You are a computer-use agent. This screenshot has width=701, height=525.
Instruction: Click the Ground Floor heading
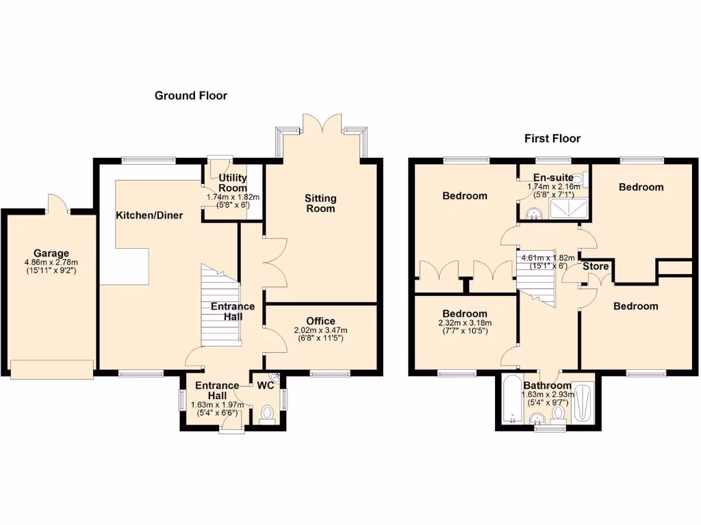point(190,96)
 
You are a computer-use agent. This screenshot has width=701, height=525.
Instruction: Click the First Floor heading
point(552,139)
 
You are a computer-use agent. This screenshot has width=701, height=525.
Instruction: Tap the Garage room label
point(51,253)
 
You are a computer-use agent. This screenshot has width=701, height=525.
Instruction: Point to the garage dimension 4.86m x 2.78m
point(51,262)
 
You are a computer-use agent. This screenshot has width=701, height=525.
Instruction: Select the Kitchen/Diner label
point(149,215)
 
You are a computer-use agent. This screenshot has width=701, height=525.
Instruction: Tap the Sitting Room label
point(320,203)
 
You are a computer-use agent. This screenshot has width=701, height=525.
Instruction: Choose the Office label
point(320,321)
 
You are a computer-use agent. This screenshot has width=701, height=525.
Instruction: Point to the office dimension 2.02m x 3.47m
point(320,330)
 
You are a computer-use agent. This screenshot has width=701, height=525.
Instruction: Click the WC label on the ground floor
point(266,386)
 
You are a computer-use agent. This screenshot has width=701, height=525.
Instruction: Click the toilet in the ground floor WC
point(267,414)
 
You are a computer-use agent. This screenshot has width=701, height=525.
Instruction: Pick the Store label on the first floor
point(595,267)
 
